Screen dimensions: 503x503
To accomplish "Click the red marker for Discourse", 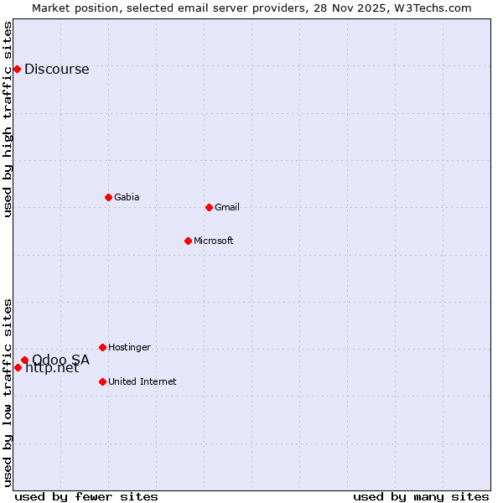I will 17,69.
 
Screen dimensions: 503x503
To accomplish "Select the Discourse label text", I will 56,70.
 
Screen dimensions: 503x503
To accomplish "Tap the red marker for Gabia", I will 108,197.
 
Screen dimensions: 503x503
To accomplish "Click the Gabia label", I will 127,198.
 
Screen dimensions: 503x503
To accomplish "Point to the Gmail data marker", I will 209,207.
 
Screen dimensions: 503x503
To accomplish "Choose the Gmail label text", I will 227,208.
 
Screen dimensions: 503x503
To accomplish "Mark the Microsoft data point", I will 188,241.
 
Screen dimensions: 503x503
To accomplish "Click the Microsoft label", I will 213,241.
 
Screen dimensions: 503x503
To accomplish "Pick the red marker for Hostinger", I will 102,347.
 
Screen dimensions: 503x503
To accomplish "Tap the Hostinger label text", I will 129,348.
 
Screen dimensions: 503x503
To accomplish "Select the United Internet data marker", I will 102,381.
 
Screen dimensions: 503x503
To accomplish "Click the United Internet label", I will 142,382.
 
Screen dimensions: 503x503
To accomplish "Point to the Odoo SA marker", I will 24,360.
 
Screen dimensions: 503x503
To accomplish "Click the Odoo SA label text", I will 60,360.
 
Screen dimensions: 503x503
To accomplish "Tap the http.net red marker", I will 18,367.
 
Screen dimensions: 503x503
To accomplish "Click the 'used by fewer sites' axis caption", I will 86,496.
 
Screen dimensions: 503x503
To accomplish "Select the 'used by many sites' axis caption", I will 421,496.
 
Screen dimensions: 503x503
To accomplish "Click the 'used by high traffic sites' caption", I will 8,120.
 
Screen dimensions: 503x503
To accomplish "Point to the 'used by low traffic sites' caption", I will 8,392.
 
